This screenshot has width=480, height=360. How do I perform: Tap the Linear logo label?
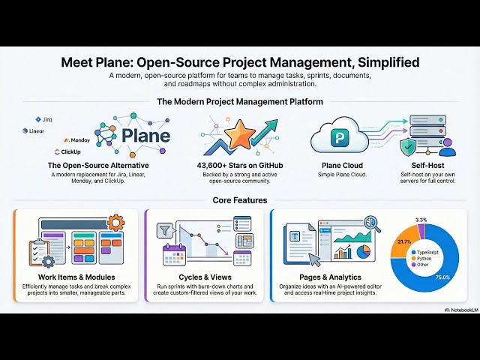36,130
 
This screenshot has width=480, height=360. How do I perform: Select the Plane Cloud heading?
338,165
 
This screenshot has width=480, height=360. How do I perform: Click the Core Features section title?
239,200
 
